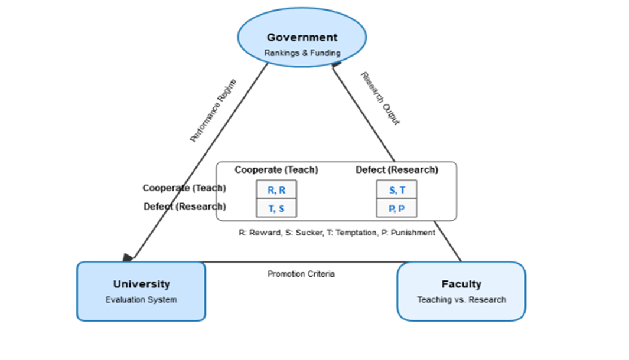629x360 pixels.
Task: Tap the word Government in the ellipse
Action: (x=302, y=37)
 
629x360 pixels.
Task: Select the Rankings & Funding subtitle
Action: (x=302, y=53)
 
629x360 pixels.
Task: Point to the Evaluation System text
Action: (x=141, y=300)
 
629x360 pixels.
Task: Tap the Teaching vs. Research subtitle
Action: (x=461, y=300)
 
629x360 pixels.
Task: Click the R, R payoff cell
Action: (x=276, y=190)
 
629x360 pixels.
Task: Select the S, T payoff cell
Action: (x=396, y=190)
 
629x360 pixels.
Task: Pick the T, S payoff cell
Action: (x=276, y=208)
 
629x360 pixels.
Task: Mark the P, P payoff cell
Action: (x=396, y=208)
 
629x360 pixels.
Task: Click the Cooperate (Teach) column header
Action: (x=276, y=170)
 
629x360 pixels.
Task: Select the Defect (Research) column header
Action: (x=396, y=170)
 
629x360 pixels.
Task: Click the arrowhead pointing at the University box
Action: (x=128, y=257)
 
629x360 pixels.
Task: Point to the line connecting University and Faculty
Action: (x=301, y=261)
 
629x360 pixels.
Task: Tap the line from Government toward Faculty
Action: (x=363, y=112)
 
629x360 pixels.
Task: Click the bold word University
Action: (x=141, y=284)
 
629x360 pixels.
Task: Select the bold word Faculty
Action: (x=461, y=284)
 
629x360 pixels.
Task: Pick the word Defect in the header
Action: (x=369, y=170)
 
